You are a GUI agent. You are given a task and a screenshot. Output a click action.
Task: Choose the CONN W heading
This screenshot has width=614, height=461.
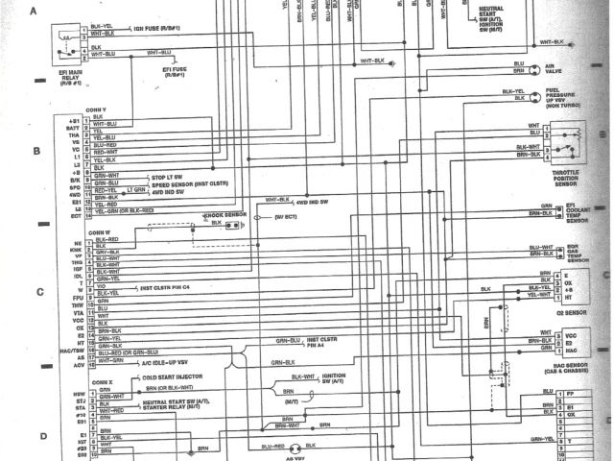click(101, 231)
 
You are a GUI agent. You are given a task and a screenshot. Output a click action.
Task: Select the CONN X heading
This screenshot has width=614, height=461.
click(101, 381)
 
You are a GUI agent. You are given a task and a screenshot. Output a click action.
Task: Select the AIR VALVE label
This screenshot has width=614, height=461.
click(579, 69)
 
